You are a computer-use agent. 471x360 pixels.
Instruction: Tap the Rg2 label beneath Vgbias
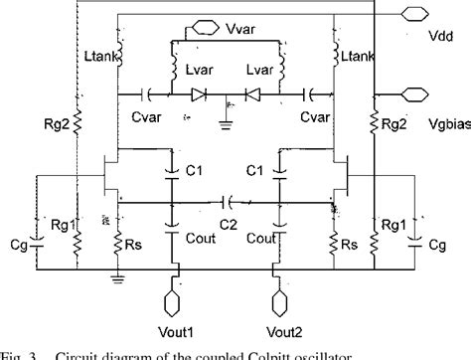click(x=394, y=123)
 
